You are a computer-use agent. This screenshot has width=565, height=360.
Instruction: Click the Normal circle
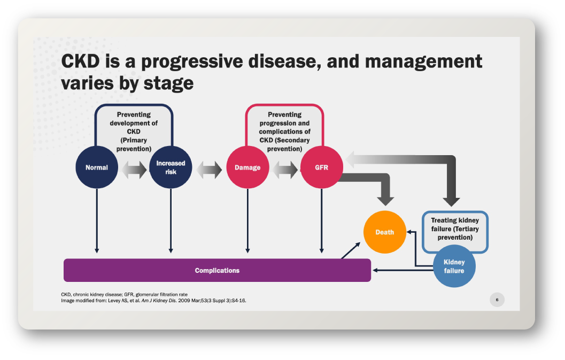pos(97,167)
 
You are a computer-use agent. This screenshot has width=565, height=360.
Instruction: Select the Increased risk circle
pos(171,167)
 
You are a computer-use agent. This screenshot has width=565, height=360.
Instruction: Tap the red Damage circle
pos(247,167)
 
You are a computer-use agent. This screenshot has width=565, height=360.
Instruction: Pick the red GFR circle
pos(321,167)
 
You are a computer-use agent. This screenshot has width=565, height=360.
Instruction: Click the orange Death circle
pos(385,232)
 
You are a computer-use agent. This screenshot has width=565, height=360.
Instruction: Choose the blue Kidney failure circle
pos(454,266)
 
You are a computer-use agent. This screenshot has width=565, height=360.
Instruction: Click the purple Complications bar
pos(217,270)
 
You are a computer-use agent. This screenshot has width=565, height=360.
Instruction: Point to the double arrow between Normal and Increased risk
pos(134,171)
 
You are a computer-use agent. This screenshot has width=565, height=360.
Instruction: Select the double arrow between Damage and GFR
pos(285,171)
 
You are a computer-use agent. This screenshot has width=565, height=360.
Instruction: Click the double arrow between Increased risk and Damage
pos(209,171)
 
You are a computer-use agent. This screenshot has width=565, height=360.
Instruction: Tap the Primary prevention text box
pos(134,131)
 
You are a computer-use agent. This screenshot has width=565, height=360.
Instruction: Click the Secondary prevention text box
pos(284,131)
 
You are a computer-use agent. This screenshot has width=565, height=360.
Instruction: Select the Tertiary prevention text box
pos(455,228)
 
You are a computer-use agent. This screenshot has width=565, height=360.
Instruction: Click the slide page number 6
pos(497,300)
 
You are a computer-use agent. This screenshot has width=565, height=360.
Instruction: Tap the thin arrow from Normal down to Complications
pos(97,219)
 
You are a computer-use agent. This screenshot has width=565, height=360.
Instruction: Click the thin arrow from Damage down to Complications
pos(247,219)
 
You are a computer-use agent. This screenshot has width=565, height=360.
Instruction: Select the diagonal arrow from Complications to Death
pos(351,250)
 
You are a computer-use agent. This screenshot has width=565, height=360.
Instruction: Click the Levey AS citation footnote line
pos(153,300)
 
